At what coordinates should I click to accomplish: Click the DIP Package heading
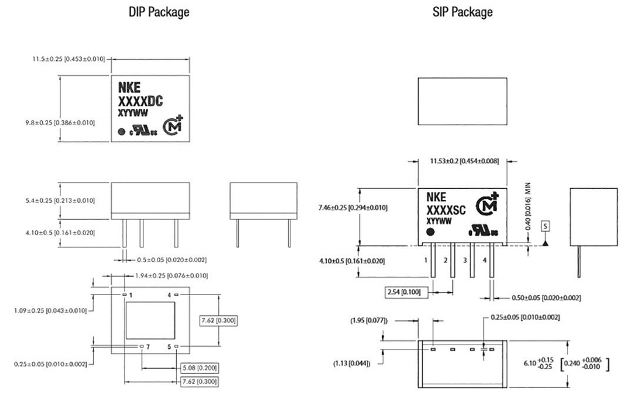pos(159,12)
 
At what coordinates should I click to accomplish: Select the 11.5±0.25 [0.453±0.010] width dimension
pos(68,59)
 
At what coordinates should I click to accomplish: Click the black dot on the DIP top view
pos(121,131)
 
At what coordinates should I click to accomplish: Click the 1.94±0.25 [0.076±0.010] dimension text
pos(172,276)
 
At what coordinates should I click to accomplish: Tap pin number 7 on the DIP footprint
pos(148,347)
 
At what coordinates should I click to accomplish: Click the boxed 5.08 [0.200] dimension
pos(200,368)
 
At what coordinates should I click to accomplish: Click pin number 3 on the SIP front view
pos(465,260)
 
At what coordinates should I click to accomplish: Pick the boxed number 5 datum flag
pos(545,226)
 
